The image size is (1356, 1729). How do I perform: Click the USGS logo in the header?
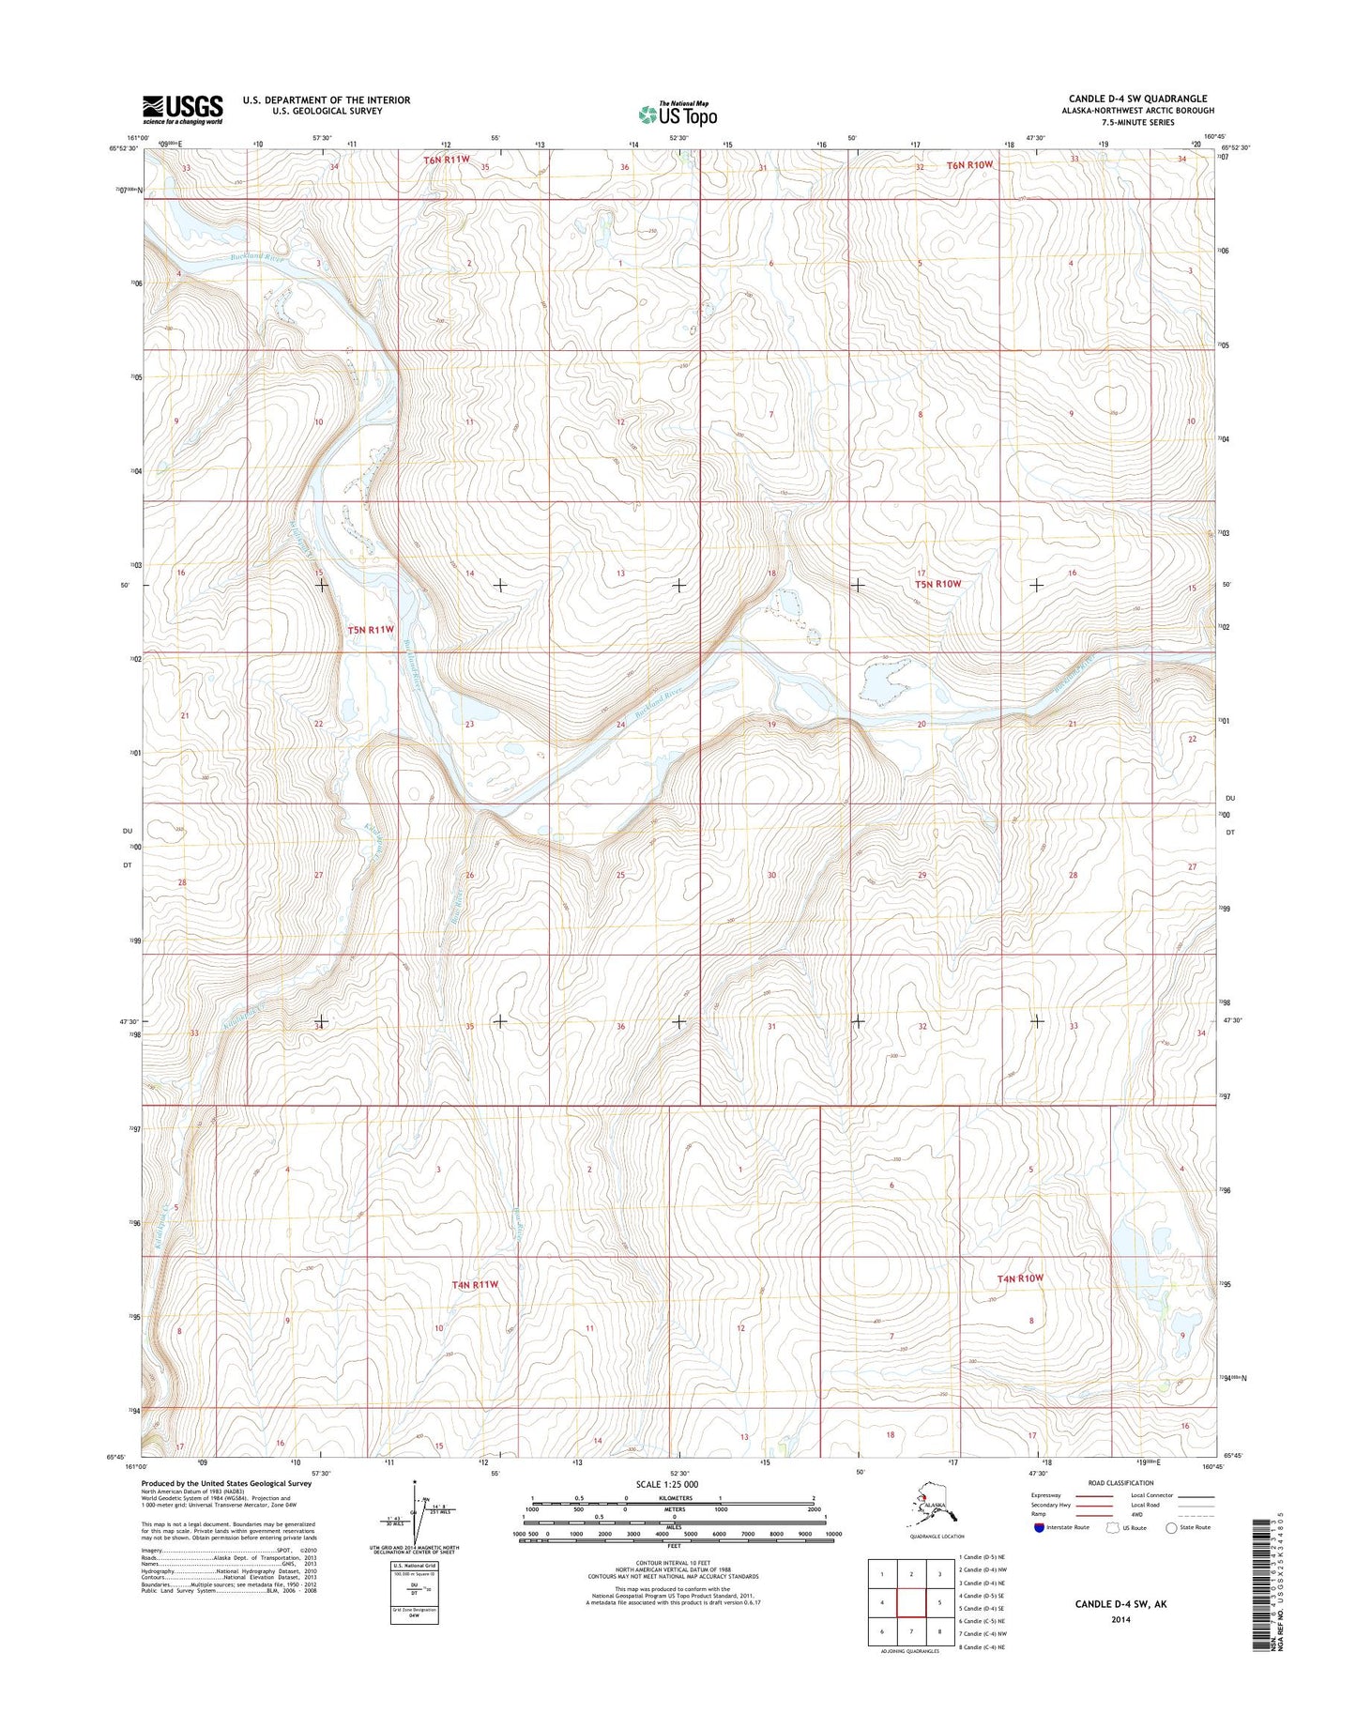pyautogui.click(x=183, y=108)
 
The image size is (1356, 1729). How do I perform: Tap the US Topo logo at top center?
pyautogui.click(x=678, y=114)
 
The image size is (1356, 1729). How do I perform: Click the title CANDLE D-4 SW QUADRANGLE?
pyautogui.click(x=1137, y=99)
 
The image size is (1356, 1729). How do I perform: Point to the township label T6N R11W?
pyautogui.click(x=446, y=160)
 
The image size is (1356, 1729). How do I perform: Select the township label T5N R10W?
pyautogui.click(x=938, y=584)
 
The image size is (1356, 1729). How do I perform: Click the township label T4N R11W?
pyautogui.click(x=474, y=1284)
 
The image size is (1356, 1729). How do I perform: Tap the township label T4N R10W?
pyautogui.click(x=1020, y=1278)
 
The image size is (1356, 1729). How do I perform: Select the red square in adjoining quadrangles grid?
pyautogui.click(x=911, y=1603)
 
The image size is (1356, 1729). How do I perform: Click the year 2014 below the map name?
pyautogui.click(x=1120, y=1619)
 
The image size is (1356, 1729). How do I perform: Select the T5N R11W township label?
pyautogui.click(x=371, y=630)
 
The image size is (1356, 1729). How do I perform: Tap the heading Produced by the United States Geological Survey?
pyautogui.click(x=226, y=1484)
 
